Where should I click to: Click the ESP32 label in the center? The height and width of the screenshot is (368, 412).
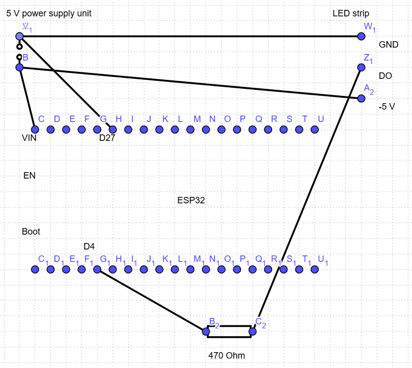(191, 200)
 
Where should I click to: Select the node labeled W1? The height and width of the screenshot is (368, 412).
(361, 36)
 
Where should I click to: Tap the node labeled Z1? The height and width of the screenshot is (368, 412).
(361, 67)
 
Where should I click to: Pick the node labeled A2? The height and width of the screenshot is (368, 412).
(361, 99)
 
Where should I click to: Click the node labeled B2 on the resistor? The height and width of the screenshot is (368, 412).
(206, 331)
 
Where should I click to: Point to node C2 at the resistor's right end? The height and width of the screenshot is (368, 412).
(252, 331)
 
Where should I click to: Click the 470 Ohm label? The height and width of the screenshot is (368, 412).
(227, 356)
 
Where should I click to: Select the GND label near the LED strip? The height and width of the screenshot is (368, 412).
(388, 45)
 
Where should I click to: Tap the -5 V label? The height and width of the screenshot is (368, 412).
(387, 107)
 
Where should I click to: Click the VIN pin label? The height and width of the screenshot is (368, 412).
(29, 138)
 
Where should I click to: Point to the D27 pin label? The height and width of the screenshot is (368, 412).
(107, 138)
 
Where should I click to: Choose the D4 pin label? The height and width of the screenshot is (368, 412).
(89, 246)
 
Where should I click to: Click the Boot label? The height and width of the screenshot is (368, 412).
(31, 232)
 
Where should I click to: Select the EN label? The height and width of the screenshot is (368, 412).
(29, 176)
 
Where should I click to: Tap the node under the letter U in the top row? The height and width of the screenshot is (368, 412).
(314, 129)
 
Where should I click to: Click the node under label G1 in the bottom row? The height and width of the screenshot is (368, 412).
(97, 269)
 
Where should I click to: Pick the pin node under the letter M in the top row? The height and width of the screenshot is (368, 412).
(190, 129)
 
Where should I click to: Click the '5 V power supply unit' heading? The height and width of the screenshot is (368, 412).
(49, 13)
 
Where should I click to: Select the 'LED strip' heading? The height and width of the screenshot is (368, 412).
(351, 13)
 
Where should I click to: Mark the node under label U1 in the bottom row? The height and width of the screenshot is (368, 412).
(314, 269)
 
